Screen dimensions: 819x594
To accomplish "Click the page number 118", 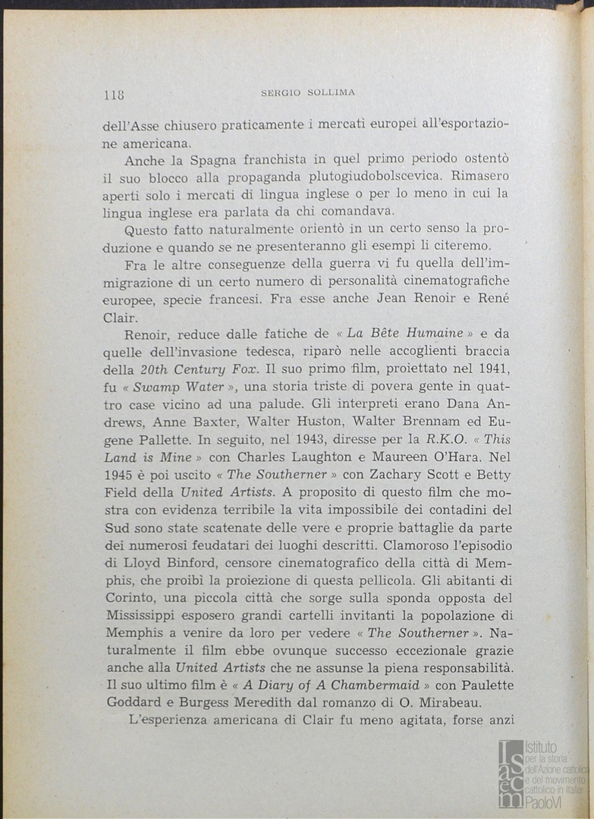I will pyautogui.click(x=114, y=95).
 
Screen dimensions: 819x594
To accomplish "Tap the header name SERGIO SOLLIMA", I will pyautogui.click(x=308, y=93).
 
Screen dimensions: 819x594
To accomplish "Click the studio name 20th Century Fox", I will pyautogui.click(x=193, y=369).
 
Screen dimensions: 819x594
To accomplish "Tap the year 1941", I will pyautogui.click(x=493, y=369).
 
